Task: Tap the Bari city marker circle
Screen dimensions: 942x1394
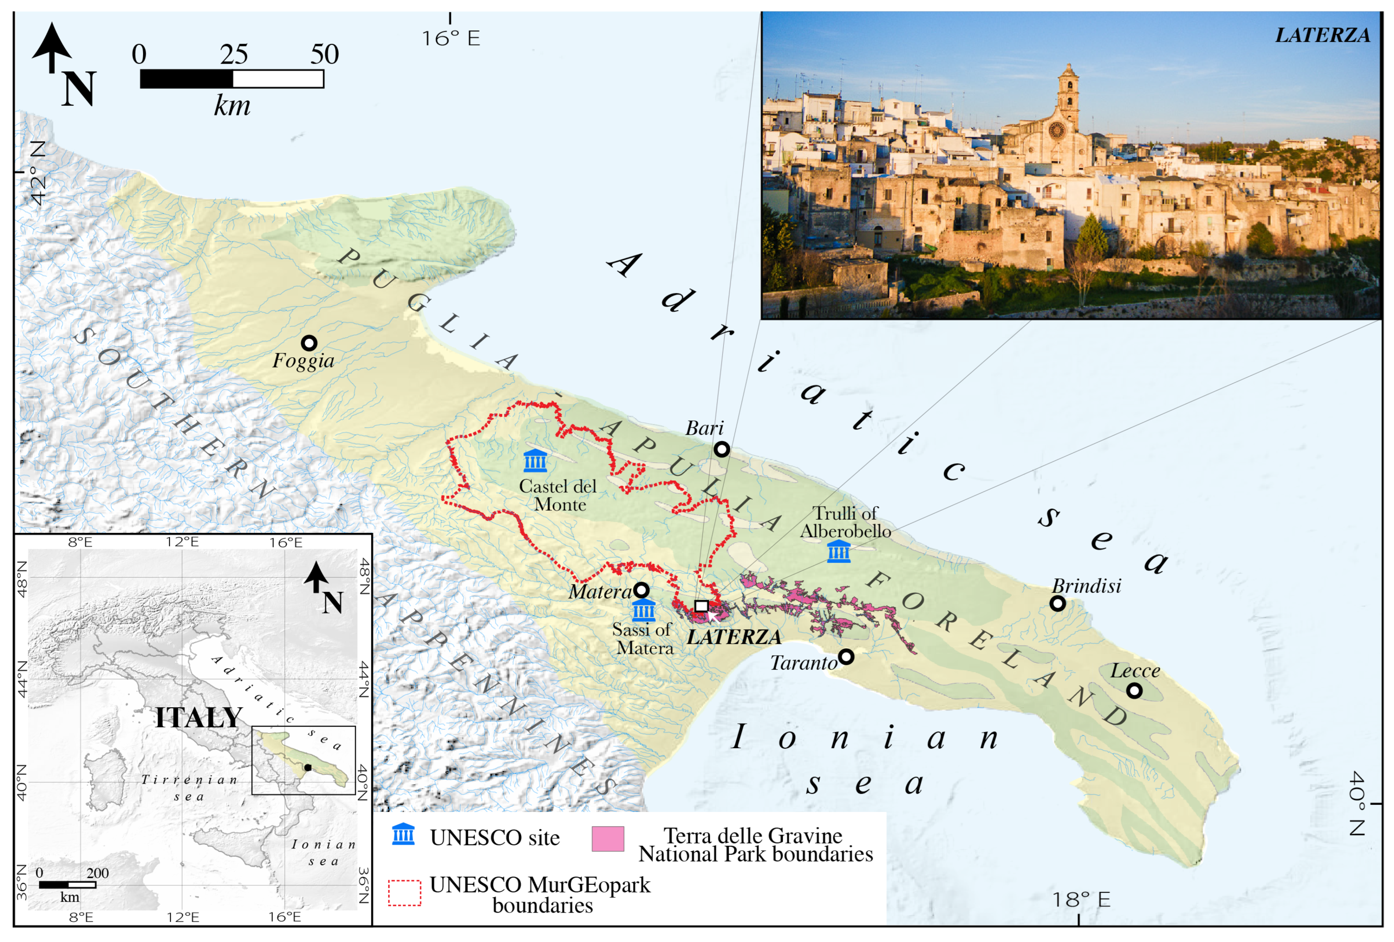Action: (x=722, y=449)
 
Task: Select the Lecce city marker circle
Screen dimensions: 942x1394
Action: (x=1134, y=691)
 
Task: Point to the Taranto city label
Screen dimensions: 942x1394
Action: (x=803, y=663)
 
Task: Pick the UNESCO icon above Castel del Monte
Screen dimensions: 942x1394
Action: (x=535, y=461)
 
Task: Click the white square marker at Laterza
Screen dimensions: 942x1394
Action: (x=701, y=606)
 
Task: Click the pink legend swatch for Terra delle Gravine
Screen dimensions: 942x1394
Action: (x=608, y=839)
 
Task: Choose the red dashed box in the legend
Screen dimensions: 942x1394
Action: (x=404, y=893)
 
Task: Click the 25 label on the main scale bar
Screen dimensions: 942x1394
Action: (x=233, y=55)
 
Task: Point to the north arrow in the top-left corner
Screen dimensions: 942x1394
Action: (x=52, y=48)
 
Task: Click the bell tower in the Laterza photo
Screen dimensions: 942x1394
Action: (x=1068, y=96)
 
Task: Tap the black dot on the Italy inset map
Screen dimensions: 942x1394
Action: (x=308, y=767)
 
